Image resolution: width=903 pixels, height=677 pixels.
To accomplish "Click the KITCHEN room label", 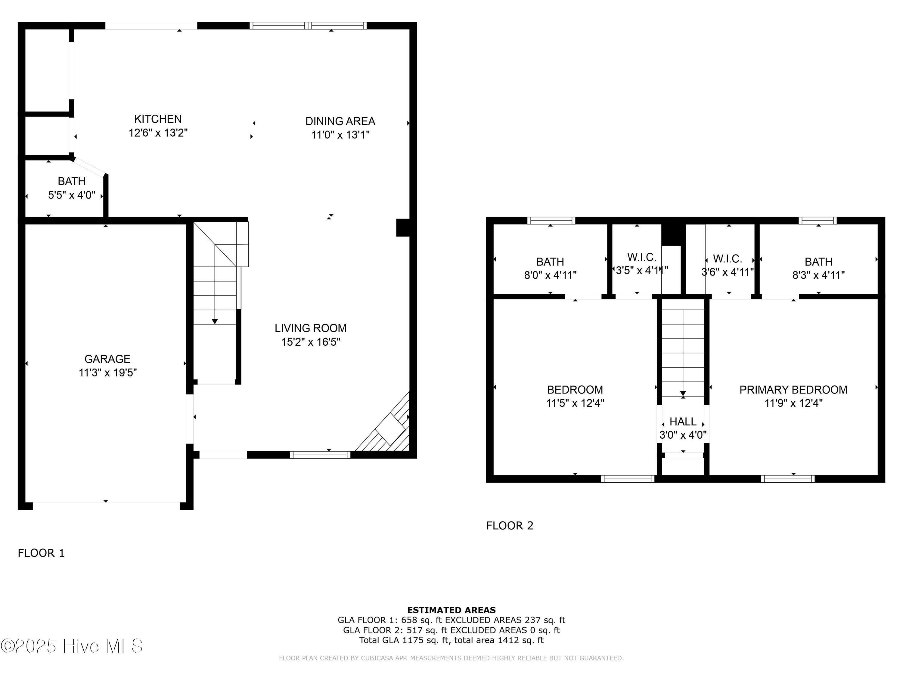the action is point(158,119).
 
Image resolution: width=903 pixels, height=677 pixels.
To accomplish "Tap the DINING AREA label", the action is point(340,121).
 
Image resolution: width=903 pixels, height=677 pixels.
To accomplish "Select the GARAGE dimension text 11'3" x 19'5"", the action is point(108,373).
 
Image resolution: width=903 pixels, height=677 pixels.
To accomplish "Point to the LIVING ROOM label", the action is point(311,328).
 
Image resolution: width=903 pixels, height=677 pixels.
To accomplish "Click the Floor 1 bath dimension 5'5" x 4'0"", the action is point(72,195).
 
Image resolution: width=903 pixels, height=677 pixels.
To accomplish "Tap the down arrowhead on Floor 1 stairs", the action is point(215,322).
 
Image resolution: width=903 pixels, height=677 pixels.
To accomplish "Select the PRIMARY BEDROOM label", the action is point(793,390).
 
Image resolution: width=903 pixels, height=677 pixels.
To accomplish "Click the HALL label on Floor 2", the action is point(683,422).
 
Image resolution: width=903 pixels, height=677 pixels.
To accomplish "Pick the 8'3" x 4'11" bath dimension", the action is point(818,275).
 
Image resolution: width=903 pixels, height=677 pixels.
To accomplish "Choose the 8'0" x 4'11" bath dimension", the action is point(550,275).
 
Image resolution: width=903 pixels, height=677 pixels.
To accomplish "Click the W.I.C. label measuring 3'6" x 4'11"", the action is point(728,259).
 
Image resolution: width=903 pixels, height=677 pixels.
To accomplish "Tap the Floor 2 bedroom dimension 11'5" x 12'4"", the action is point(575,403).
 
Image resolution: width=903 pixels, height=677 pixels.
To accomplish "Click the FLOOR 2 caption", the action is point(510,526).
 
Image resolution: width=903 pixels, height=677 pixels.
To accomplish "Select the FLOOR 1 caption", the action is point(41,553).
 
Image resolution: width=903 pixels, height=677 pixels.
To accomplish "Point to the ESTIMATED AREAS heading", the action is point(451,610).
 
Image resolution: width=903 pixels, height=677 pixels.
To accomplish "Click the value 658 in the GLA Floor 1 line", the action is point(409,620).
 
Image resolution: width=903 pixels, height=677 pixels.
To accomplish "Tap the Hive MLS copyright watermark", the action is point(72,646).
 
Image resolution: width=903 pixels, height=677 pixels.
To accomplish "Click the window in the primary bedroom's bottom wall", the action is point(788,479).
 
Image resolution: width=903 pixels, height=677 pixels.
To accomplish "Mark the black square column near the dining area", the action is point(403,228).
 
